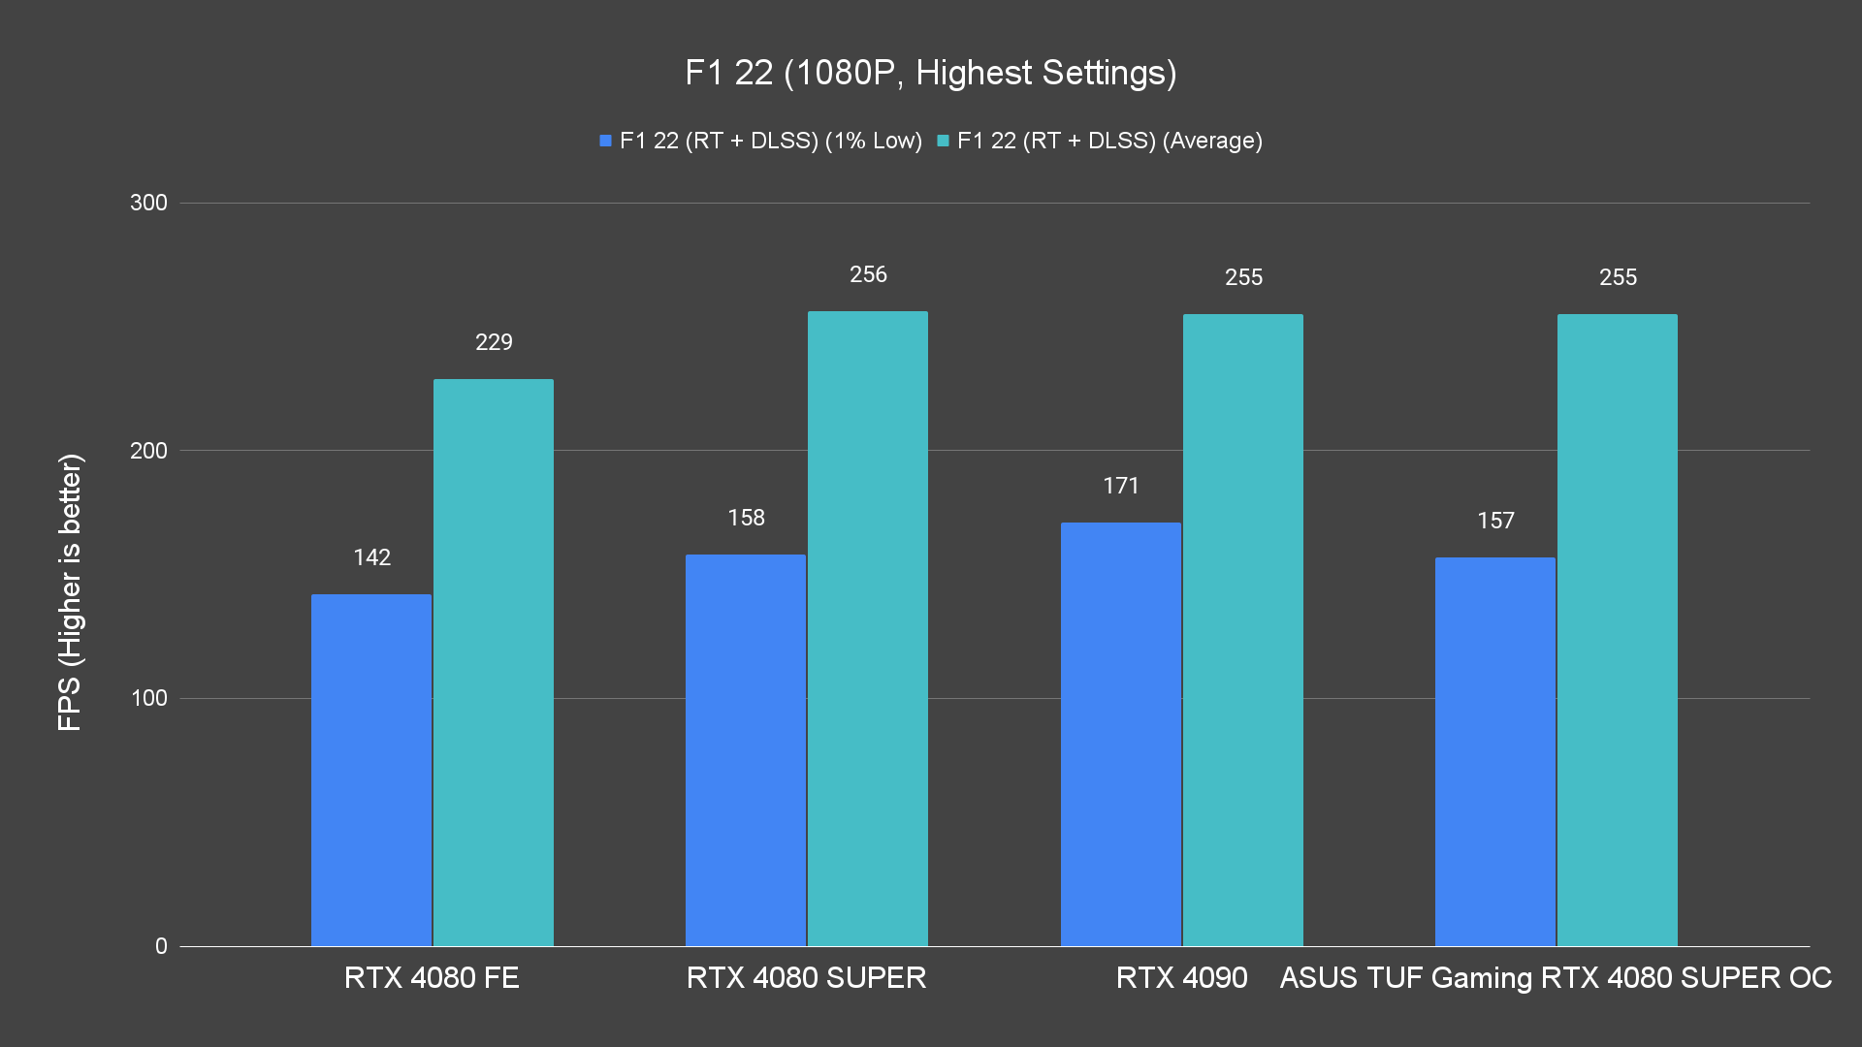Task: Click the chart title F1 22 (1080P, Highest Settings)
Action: [x=930, y=73]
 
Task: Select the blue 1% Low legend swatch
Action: [x=605, y=141]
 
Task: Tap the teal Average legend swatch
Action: [x=943, y=141]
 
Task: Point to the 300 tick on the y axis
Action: [x=148, y=203]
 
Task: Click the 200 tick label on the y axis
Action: [x=148, y=451]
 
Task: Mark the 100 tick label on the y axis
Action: [x=148, y=698]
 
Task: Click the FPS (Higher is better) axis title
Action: [x=70, y=591]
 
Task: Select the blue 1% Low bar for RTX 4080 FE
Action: [x=371, y=770]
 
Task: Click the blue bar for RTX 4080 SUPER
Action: [x=746, y=750]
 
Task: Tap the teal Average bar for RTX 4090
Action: [x=1243, y=630]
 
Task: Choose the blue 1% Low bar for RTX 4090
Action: [x=1121, y=734]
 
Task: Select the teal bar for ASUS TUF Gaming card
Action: [x=1618, y=630]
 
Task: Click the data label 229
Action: [x=494, y=342]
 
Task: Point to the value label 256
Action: [x=868, y=274]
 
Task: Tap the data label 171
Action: [x=1121, y=486]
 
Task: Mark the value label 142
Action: [x=371, y=557]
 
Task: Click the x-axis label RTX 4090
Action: [x=1181, y=977]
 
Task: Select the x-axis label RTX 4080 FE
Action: [x=432, y=977]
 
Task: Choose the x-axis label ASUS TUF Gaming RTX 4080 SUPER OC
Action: [x=1556, y=977]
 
